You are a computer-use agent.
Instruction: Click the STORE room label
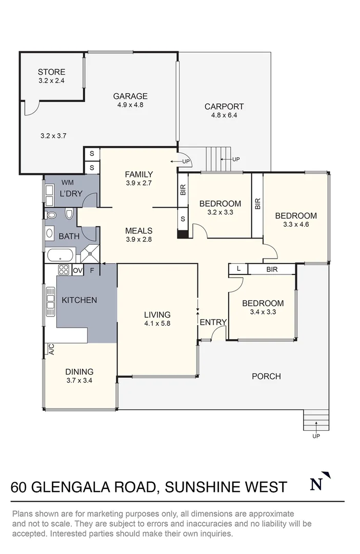click(51, 72)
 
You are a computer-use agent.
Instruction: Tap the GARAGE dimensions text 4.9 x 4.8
click(130, 105)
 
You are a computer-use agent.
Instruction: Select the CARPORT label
click(224, 107)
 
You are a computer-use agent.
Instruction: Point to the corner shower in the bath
click(90, 253)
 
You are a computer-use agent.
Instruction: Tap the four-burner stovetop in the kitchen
click(64, 270)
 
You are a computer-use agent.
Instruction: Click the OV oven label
click(78, 270)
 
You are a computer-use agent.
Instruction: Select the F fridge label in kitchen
click(92, 270)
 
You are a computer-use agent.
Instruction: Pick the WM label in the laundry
click(67, 182)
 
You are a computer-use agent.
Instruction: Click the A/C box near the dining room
click(51, 349)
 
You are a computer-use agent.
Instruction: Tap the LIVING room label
click(157, 315)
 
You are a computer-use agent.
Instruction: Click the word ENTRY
click(213, 322)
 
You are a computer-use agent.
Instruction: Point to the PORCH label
click(266, 376)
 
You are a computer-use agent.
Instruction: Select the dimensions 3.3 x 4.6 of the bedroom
click(295, 224)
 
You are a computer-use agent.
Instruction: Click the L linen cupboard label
click(238, 269)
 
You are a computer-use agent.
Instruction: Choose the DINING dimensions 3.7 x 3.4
click(79, 381)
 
